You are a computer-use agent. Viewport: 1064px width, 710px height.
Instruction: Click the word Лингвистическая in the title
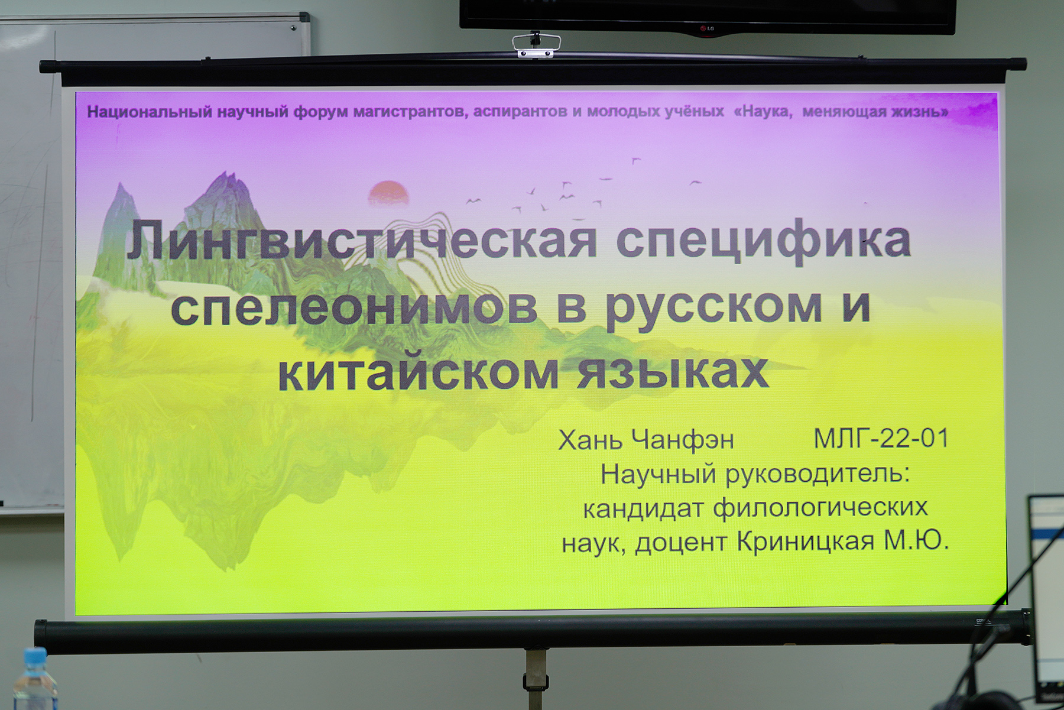(362, 240)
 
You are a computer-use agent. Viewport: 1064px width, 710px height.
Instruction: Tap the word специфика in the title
(764, 242)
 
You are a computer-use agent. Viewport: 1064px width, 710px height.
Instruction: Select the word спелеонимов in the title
(354, 307)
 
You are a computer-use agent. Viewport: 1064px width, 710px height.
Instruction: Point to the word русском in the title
(713, 309)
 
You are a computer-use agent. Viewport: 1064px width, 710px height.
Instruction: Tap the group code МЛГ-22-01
(881, 439)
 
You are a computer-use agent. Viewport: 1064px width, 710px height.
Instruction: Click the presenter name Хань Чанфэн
(646, 440)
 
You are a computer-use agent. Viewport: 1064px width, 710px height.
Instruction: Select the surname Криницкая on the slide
(806, 541)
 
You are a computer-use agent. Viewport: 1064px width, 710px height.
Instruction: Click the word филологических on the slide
(820, 508)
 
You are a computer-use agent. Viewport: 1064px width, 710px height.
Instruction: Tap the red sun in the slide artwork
(388, 193)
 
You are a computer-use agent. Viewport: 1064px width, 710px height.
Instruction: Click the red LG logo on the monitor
(707, 28)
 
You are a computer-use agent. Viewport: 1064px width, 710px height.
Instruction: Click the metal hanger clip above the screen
(536, 46)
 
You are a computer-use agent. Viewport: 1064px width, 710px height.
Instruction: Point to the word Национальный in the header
(150, 112)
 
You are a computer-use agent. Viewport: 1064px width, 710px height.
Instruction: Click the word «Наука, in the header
(763, 111)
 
